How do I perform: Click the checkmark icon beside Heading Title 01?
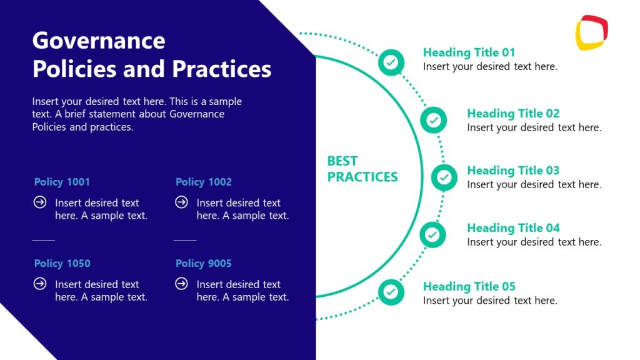(391, 62)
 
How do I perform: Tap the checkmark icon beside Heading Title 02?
(433, 120)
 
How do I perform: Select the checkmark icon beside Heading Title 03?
(444, 177)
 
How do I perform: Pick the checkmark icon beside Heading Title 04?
(432, 235)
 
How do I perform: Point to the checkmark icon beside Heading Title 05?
(391, 292)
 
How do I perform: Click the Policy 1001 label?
(62, 182)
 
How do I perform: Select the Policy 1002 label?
(204, 182)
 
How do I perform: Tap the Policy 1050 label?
(62, 263)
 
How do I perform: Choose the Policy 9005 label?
(204, 263)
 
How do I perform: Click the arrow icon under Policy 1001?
(40, 202)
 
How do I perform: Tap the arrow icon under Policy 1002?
(181, 202)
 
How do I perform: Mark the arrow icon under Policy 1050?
(40, 284)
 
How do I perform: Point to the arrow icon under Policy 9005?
(181, 284)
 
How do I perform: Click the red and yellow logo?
(591, 32)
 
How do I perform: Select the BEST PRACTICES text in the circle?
(362, 169)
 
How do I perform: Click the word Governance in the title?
(99, 41)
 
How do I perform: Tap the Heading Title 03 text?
(513, 171)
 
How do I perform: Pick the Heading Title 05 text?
(469, 287)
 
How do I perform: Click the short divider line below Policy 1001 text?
(44, 239)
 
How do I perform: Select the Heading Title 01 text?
(469, 52)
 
